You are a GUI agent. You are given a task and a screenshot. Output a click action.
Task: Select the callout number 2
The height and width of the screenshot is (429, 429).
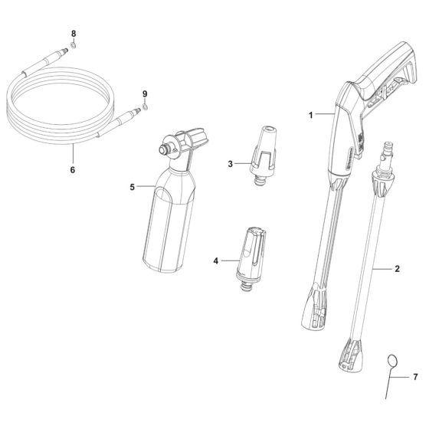point(398,270)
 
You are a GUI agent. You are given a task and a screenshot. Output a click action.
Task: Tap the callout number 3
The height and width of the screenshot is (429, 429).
point(229,163)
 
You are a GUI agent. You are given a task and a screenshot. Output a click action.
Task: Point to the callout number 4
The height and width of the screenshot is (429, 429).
point(217,261)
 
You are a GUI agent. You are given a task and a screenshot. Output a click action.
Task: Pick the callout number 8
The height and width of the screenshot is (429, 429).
point(74,34)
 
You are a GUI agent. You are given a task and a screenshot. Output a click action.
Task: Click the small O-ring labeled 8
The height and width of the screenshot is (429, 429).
point(74,46)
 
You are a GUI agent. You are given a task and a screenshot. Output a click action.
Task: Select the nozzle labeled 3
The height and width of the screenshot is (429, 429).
point(263,158)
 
